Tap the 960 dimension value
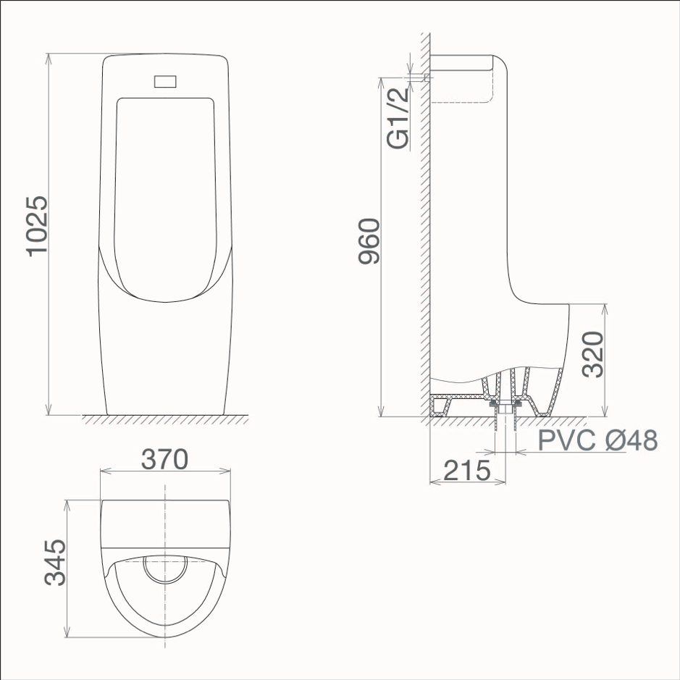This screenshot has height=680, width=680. coord(369,241)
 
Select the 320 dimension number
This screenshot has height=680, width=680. coord(593,354)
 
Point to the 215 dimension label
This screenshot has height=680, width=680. coord(467,471)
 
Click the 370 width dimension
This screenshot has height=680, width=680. coord(165,459)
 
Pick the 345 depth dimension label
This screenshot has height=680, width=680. coord(56,562)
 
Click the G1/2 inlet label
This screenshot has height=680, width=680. coord(398,118)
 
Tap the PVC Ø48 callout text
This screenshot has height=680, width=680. coord(597,440)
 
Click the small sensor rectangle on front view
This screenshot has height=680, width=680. coord(165,81)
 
